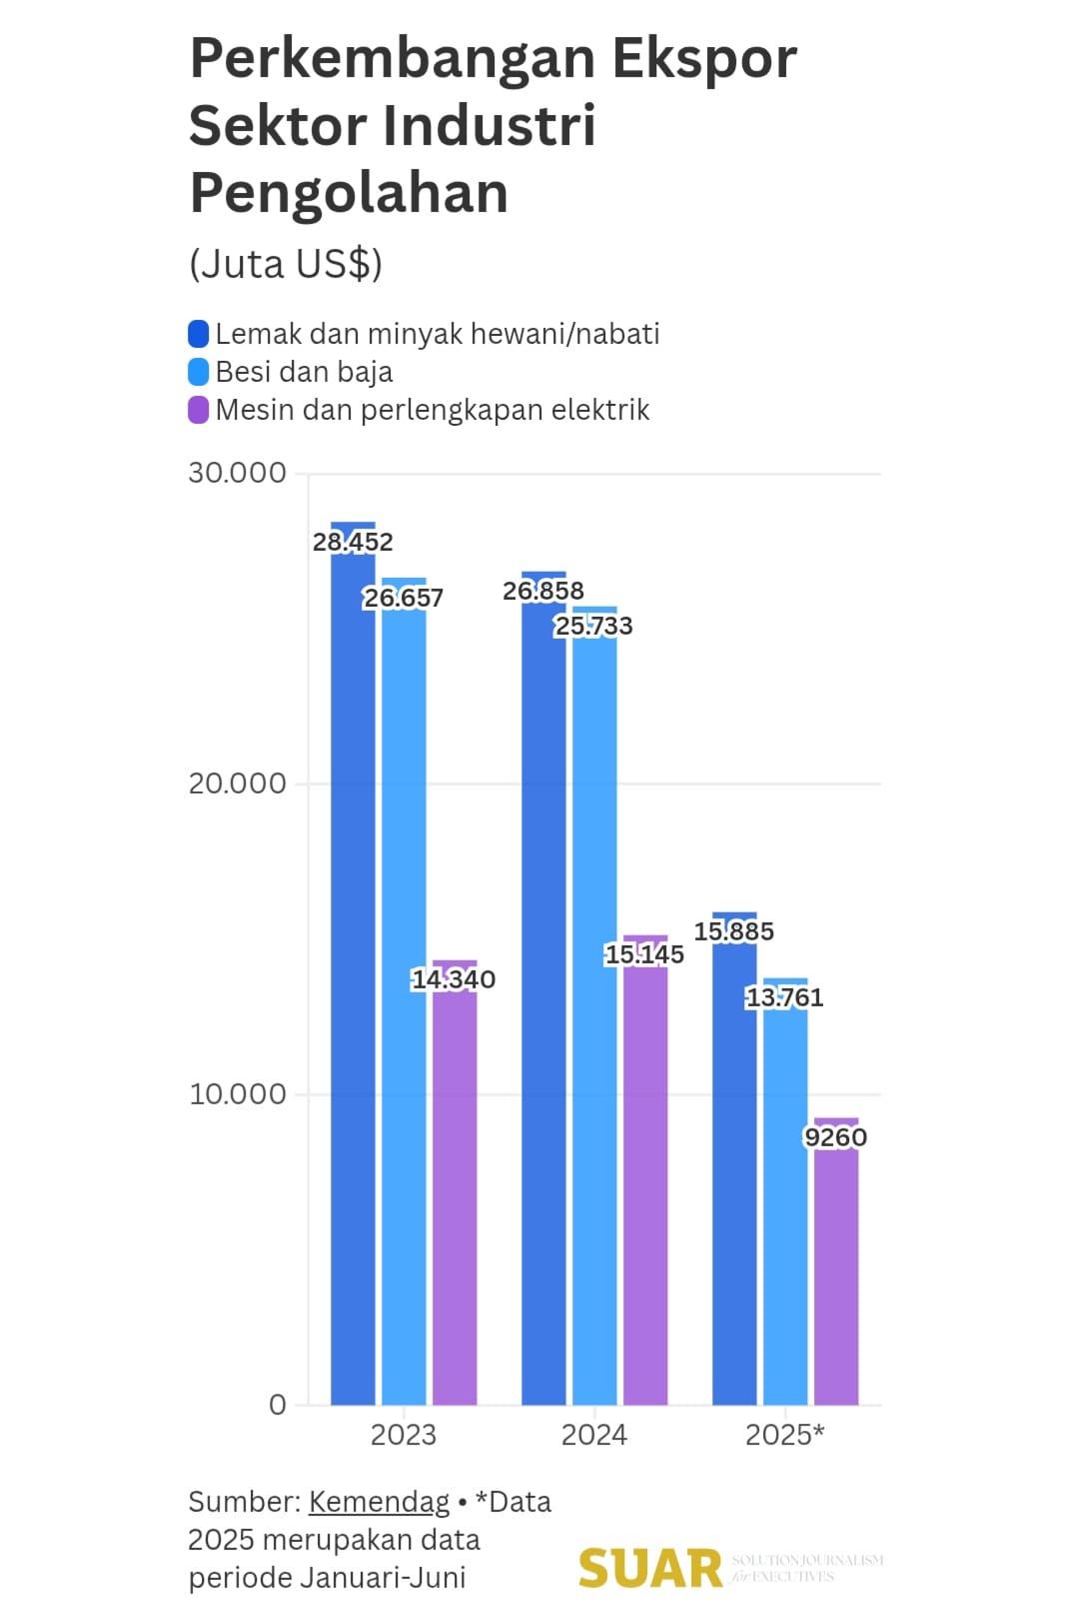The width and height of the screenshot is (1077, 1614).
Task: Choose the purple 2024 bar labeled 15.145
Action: click(645, 1179)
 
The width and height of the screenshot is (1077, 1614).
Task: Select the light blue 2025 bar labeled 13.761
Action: click(785, 1199)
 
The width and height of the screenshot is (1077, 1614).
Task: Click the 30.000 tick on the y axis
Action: click(237, 473)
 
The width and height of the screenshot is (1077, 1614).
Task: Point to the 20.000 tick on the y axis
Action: click(237, 784)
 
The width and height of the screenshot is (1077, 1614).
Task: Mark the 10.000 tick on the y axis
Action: click(237, 1094)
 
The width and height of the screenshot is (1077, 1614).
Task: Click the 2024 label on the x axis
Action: click(594, 1435)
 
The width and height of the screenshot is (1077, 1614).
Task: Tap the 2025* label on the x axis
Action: click(785, 1435)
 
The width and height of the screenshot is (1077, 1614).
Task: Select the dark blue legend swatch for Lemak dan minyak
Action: click(199, 334)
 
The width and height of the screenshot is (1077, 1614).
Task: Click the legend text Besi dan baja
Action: click(304, 372)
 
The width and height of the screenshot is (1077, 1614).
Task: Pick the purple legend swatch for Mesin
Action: click(199, 410)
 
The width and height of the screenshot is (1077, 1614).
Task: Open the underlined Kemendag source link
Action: click(379, 1502)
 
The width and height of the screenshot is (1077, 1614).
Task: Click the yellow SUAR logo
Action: click(650, 1569)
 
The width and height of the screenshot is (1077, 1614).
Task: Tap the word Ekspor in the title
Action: click(704, 58)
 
